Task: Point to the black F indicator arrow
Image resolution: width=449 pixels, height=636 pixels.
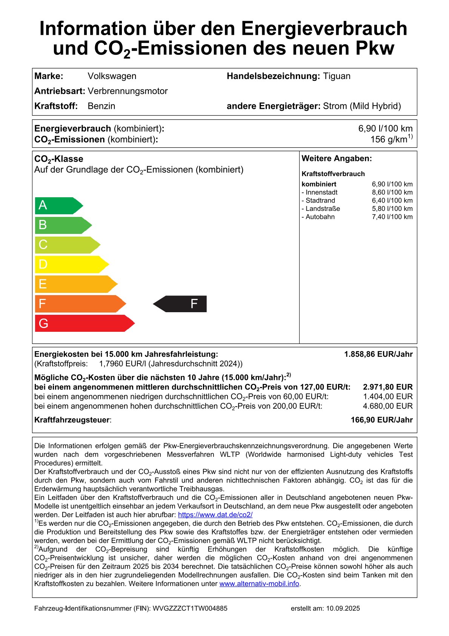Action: tap(181, 304)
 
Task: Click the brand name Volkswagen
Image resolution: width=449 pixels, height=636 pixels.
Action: tap(112, 76)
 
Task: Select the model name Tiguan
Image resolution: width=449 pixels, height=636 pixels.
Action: tap(337, 76)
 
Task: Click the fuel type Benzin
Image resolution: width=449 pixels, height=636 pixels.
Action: tap(101, 106)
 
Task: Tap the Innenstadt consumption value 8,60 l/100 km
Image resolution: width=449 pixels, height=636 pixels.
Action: tap(392, 192)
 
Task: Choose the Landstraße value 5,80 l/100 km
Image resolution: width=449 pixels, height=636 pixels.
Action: tap(392, 209)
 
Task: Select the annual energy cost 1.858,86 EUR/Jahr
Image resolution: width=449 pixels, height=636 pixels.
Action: tap(378, 354)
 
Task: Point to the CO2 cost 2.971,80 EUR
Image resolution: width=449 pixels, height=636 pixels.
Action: tap(387, 387)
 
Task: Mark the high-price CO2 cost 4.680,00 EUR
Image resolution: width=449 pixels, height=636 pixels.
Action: tap(387, 406)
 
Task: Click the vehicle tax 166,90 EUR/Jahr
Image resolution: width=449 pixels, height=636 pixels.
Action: tap(381, 420)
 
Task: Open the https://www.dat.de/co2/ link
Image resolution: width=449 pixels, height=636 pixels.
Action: tap(215, 515)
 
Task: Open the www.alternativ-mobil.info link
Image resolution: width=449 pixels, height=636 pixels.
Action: tap(259, 584)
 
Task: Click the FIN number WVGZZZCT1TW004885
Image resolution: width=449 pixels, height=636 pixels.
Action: tap(190, 608)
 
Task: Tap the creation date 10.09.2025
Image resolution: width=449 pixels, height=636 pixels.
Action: tap(343, 608)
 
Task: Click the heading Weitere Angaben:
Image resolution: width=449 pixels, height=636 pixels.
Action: tap(337, 159)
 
